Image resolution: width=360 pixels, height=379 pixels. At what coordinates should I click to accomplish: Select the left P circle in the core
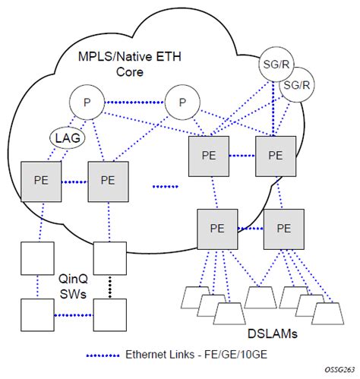click(x=86, y=101)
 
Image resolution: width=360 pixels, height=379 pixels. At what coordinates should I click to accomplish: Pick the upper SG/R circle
click(x=273, y=62)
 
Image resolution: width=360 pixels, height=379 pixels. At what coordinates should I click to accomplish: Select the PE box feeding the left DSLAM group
click(x=215, y=227)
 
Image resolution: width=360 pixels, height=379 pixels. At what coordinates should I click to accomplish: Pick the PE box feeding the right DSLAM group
click(x=283, y=227)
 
